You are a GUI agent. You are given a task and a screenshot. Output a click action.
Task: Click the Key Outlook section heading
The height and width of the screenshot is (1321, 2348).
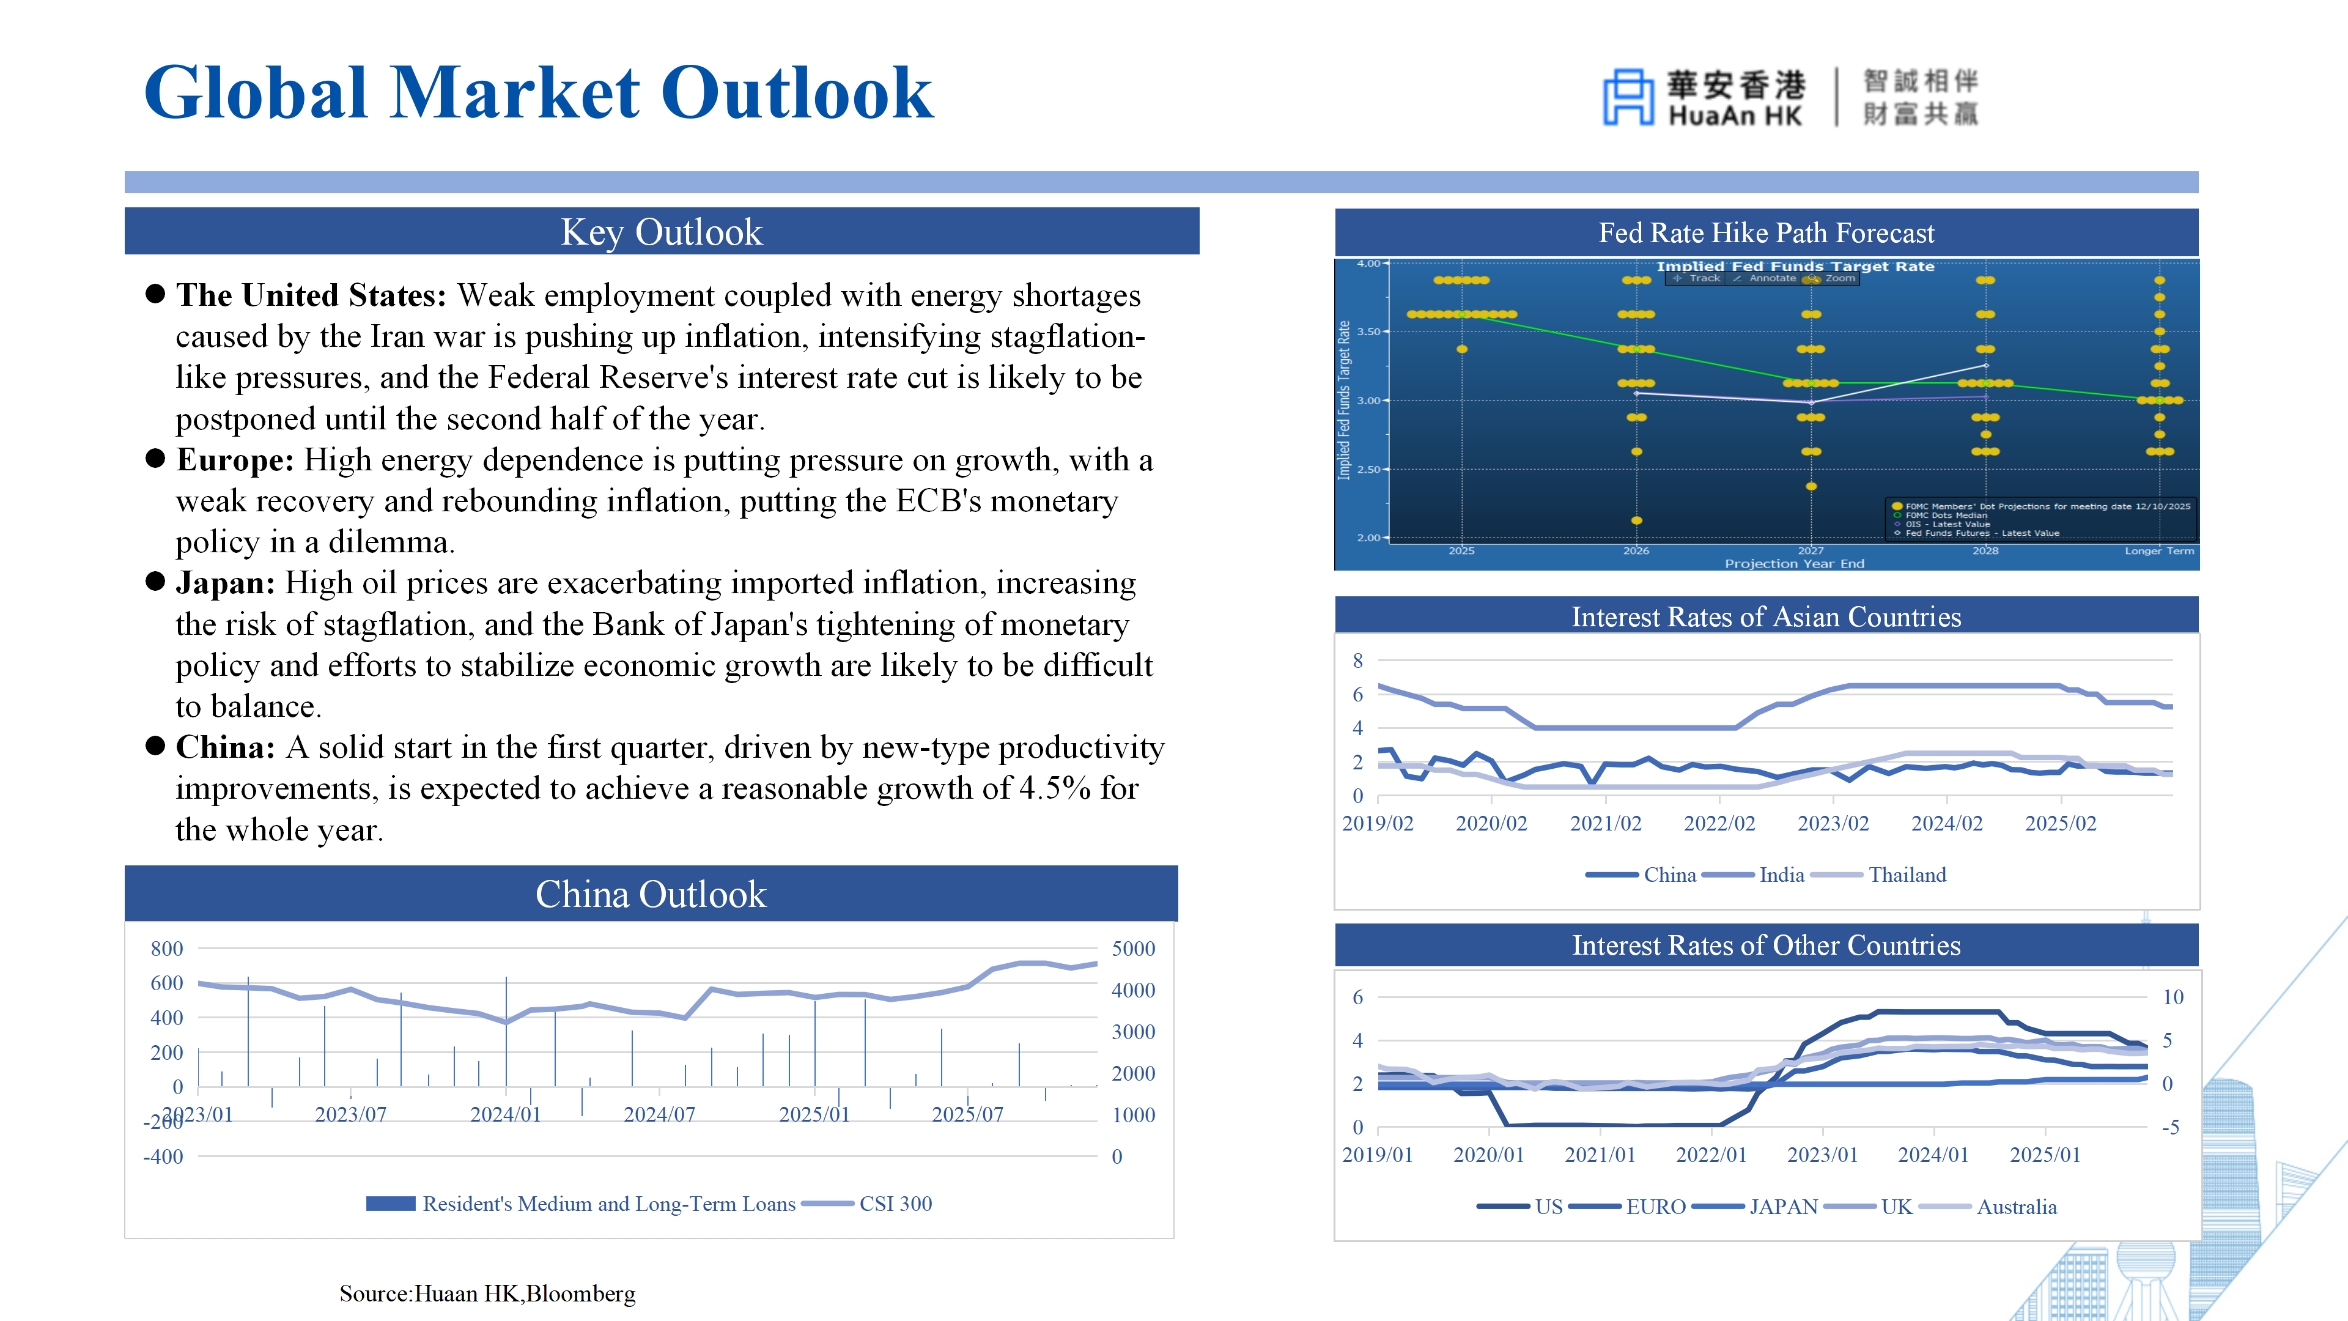click(x=661, y=232)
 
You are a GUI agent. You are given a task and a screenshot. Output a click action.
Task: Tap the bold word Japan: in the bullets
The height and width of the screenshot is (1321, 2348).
click(x=225, y=583)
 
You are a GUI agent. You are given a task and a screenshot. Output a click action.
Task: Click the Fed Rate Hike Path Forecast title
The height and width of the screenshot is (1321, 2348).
click(x=1765, y=234)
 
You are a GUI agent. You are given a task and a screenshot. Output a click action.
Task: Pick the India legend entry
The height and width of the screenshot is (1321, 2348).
click(x=1781, y=875)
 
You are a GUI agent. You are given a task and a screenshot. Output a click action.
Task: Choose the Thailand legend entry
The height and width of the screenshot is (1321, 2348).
click(x=1907, y=875)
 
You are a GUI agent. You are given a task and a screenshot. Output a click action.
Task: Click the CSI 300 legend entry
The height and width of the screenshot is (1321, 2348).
click(x=895, y=1204)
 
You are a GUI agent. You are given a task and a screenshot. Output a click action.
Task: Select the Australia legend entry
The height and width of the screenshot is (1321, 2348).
click(x=2016, y=1208)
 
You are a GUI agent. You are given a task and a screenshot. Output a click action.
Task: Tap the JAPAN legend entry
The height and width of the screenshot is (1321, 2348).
click(x=1783, y=1208)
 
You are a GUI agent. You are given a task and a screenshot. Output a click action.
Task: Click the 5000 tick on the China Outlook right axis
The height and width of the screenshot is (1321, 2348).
click(x=1133, y=949)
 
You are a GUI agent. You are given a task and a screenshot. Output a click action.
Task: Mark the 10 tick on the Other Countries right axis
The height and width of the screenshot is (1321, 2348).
click(x=2173, y=997)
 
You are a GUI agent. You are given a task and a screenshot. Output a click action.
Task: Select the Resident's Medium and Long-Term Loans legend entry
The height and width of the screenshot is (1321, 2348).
click(x=608, y=1204)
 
